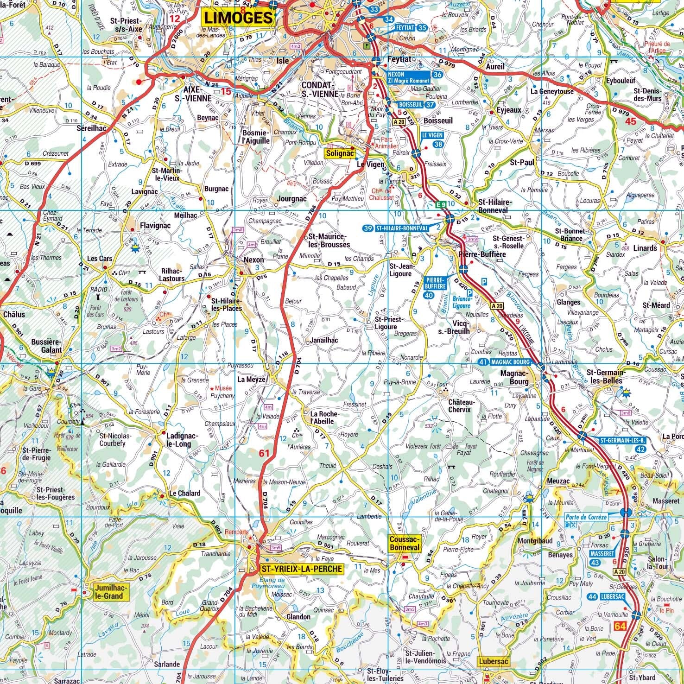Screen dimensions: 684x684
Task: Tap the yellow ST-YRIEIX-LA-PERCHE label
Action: point(302,569)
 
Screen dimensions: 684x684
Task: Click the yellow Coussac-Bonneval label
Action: point(404,544)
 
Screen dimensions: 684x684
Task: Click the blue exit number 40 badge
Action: point(429,295)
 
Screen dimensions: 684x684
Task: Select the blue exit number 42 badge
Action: point(641,449)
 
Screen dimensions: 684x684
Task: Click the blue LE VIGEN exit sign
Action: point(432,135)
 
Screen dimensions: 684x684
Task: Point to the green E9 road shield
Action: point(441,204)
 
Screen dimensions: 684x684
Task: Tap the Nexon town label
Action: point(253,260)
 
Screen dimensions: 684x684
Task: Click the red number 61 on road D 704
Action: point(264,454)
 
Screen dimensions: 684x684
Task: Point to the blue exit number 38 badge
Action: point(438,145)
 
